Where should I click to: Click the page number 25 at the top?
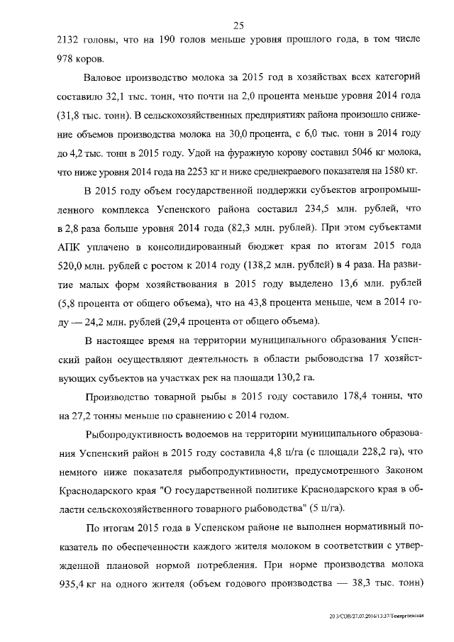pyautogui.click(x=238, y=26)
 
